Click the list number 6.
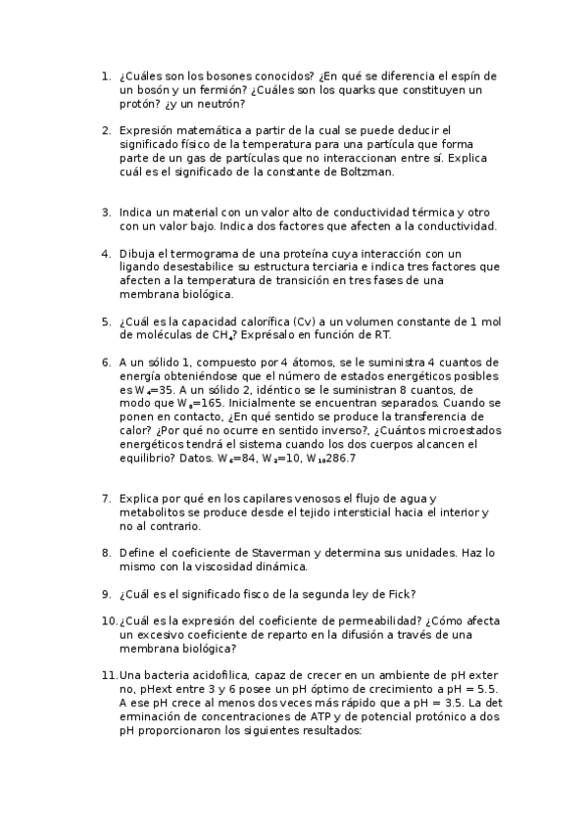pos(105,362)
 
